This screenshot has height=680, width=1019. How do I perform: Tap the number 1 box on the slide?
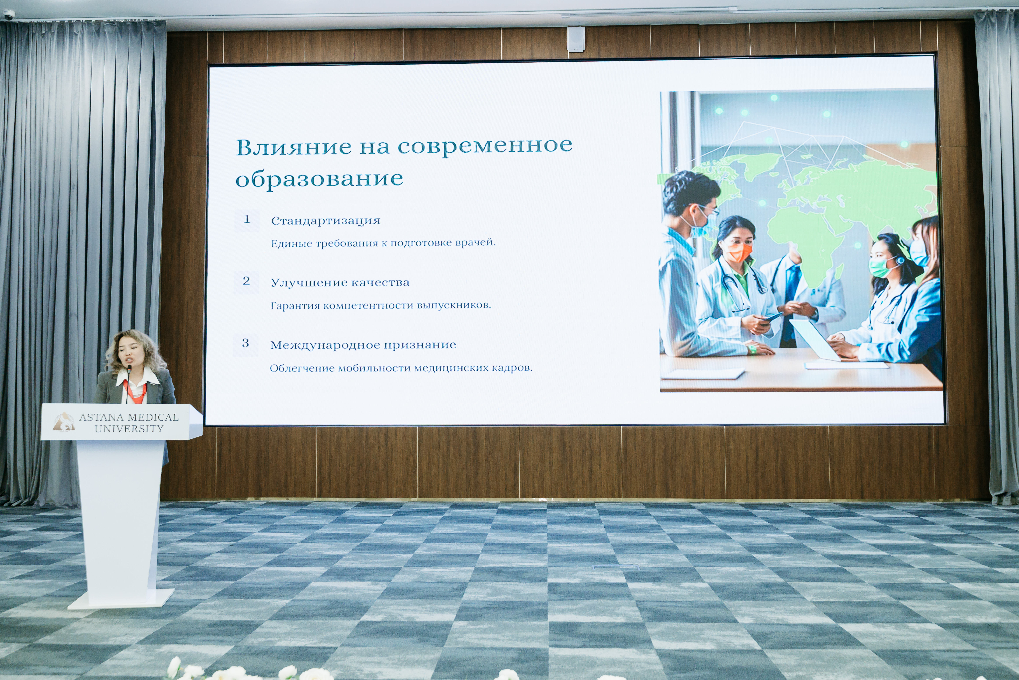click(x=247, y=220)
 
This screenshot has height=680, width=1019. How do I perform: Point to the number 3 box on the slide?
click(x=246, y=344)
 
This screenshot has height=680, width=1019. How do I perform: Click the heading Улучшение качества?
click(x=340, y=283)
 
